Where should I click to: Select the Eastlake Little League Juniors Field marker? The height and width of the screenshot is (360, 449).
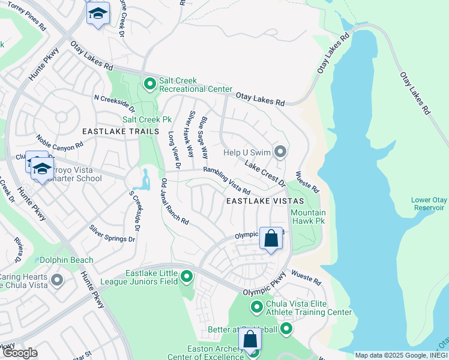(x=187, y=277)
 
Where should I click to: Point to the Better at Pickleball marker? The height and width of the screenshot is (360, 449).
(x=286, y=328)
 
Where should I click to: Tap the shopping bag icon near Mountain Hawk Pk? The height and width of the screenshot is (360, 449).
(x=271, y=238)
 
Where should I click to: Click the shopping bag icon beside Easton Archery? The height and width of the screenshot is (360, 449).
(x=250, y=340)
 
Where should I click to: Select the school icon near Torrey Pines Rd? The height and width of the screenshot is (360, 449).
(x=98, y=13)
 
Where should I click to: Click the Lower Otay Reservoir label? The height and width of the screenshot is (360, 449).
(x=427, y=204)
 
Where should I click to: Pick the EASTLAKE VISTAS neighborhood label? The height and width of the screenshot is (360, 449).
(x=265, y=202)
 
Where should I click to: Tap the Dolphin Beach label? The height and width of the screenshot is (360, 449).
(x=67, y=260)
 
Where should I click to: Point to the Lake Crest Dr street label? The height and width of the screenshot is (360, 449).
(x=264, y=171)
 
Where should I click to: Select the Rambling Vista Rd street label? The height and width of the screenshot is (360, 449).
(x=226, y=181)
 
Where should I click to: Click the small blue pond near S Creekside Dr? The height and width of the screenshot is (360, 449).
(x=146, y=178)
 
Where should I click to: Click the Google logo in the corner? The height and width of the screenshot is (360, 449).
(x=19, y=353)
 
